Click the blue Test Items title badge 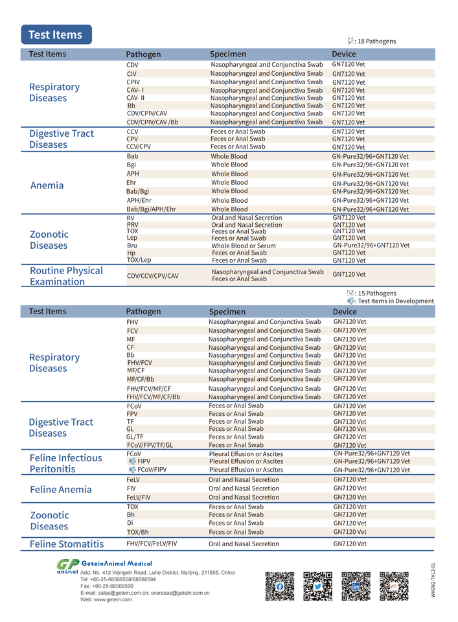[x=56, y=34]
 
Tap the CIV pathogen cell [x=132, y=75]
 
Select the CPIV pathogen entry [x=133, y=82]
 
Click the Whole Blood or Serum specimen [x=243, y=246]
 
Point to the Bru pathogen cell [x=132, y=246]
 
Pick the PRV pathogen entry [x=132, y=225]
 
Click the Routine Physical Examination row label [x=66, y=276]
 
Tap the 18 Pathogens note [x=376, y=41]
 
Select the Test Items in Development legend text [x=395, y=301]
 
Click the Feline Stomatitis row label [x=67, y=544]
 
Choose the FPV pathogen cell [x=132, y=414]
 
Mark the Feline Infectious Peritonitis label [x=65, y=463]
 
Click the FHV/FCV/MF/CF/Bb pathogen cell [x=153, y=397]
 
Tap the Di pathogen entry [x=130, y=523]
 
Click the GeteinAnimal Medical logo [x=104, y=565]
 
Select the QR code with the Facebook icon [x=279, y=586]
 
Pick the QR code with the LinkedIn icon [x=356, y=586]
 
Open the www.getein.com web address [x=106, y=600]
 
